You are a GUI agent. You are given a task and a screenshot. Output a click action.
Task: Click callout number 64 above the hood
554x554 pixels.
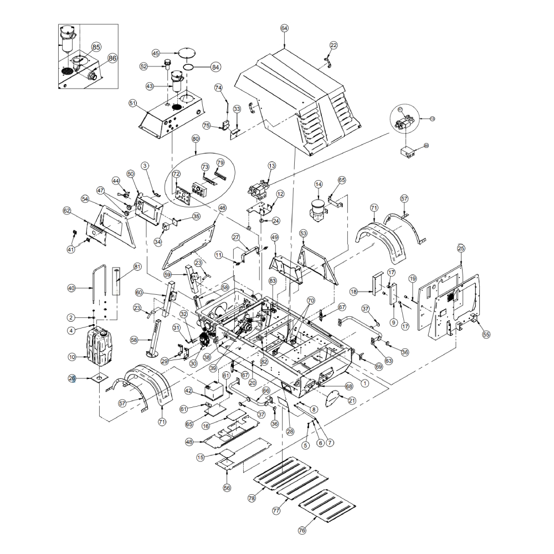(284, 28)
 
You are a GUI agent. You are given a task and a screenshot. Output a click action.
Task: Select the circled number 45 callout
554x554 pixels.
(156, 53)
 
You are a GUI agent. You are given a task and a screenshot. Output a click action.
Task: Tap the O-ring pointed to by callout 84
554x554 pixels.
(188, 67)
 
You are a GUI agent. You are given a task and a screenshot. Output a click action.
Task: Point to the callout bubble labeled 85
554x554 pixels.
(96, 47)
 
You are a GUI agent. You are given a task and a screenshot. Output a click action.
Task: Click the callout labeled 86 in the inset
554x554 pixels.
(112, 58)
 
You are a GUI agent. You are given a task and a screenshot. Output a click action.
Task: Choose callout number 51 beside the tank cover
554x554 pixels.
(132, 103)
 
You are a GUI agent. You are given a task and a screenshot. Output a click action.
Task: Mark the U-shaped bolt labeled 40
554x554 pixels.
(98, 288)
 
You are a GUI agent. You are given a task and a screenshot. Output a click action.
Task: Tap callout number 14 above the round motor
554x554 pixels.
(318, 184)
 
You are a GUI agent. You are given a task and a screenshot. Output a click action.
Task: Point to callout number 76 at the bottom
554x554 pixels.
(301, 530)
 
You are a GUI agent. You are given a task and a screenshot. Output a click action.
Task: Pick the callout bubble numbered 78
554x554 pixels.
(252, 499)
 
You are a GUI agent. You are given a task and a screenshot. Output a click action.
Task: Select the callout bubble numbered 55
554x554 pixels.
(486, 335)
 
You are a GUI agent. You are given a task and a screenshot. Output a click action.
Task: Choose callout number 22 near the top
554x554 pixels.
(334, 45)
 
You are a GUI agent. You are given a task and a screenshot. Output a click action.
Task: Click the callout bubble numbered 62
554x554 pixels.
(67, 211)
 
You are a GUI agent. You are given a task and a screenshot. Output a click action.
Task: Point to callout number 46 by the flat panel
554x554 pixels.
(222, 208)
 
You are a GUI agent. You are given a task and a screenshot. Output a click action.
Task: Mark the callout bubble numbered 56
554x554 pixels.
(227, 488)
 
